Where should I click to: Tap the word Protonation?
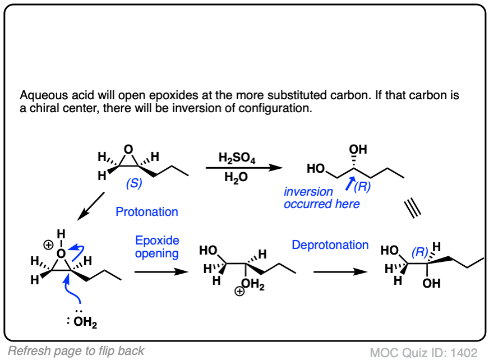click(x=147, y=212)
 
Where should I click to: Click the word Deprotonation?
click(x=330, y=245)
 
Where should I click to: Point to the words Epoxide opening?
click(x=157, y=247)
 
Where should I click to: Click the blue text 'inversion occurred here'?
click(x=321, y=198)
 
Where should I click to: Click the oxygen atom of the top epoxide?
click(x=129, y=150)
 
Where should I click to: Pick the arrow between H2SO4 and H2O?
click(x=242, y=168)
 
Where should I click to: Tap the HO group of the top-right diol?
click(x=315, y=168)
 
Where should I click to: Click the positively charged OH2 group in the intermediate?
click(x=252, y=285)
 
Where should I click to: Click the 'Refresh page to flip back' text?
click(x=76, y=351)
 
